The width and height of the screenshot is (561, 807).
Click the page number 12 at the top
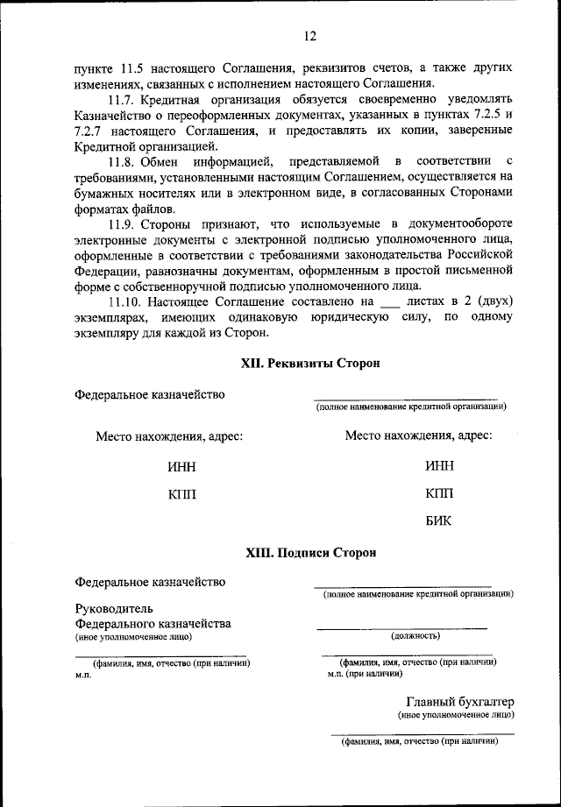309,36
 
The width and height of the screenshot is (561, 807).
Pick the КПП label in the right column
439,494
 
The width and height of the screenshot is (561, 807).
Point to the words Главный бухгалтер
459,702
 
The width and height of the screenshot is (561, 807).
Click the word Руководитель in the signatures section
115,608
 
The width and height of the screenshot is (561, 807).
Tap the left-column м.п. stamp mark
84,676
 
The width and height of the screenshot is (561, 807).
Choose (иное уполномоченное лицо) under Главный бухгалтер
456,715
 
